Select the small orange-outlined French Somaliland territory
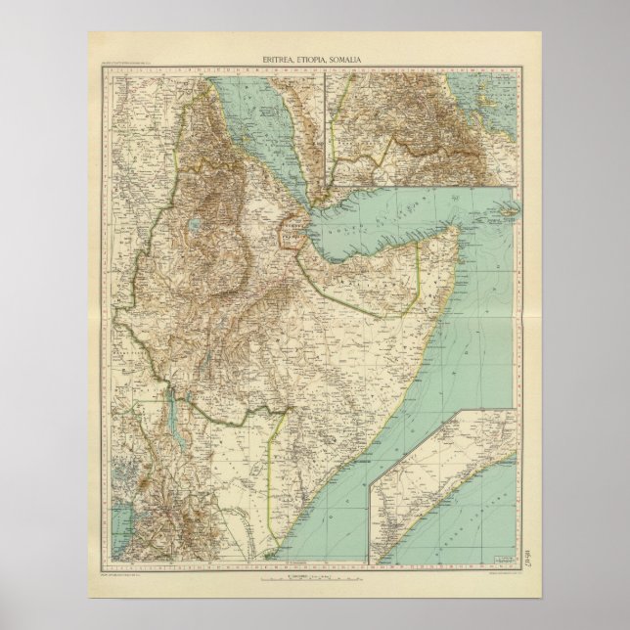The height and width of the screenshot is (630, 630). point(292,228)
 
